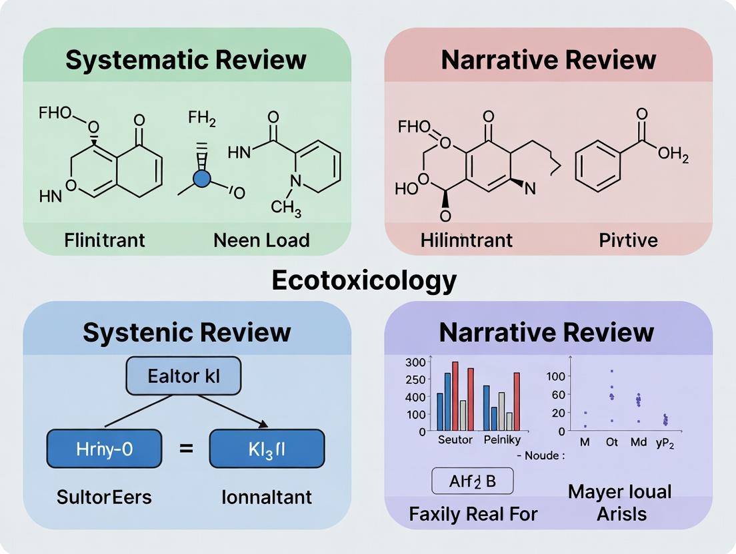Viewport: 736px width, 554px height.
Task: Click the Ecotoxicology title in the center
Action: click(x=364, y=280)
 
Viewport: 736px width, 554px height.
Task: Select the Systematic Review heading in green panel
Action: click(x=186, y=60)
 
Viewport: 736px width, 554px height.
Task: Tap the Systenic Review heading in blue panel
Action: click(x=187, y=332)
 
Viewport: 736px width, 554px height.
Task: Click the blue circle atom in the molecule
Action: click(x=201, y=178)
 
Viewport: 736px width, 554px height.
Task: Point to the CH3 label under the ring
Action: click(x=286, y=208)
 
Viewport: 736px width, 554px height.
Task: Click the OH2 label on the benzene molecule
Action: click(x=672, y=155)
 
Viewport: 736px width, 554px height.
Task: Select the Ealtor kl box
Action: click(x=183, y=376)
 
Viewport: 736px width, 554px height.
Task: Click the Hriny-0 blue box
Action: click(x=104, y=448)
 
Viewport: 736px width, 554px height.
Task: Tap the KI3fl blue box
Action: click(x=267, y=448)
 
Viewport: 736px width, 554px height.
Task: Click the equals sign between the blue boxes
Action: click(x=186, y=449)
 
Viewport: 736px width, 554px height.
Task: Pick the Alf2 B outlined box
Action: click(x=472, y=480)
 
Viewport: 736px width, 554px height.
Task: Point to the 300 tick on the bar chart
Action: click(x=415, y=363)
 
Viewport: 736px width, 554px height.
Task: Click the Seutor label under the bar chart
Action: click(x=455, y=440)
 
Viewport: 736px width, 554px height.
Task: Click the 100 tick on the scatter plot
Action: click(x=556, y=376)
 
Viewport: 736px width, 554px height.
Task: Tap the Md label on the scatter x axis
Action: click(x=638, y=442)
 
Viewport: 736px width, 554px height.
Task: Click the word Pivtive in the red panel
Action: click(x=629, y=240)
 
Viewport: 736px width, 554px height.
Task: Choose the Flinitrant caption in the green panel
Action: click(x=105, y=240)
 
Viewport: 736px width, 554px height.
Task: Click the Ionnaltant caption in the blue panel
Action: click(x=267, y=497)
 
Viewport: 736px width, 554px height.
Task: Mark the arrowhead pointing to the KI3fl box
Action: click(x=264, y=424)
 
